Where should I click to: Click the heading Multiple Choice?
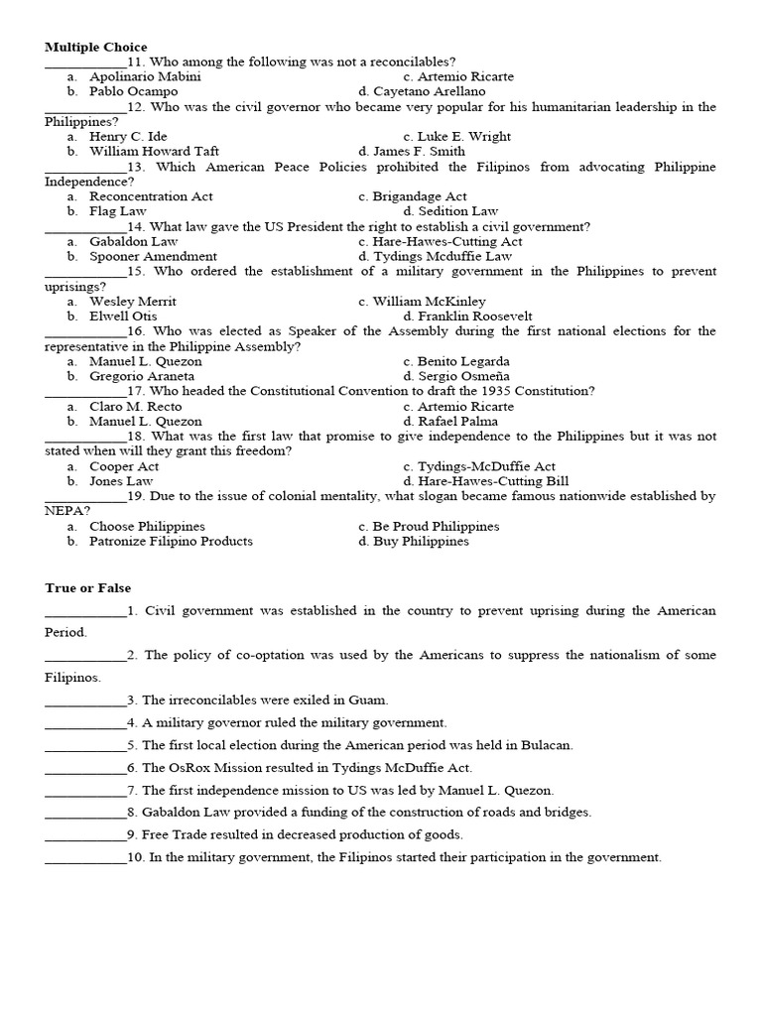95,47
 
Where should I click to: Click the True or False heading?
87,588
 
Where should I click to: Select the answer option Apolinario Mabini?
145,76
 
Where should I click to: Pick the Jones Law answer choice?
121,481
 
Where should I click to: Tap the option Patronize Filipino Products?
171,542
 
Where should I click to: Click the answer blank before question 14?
85,227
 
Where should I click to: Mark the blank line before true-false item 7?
85,791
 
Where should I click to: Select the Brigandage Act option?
420,196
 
